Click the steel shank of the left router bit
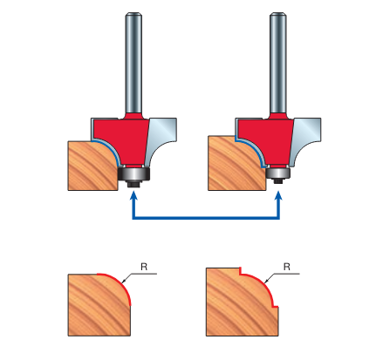pos(133,64)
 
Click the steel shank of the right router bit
pos(278,64)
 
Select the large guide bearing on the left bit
pos(134,173)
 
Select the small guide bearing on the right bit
pos(278,173)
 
